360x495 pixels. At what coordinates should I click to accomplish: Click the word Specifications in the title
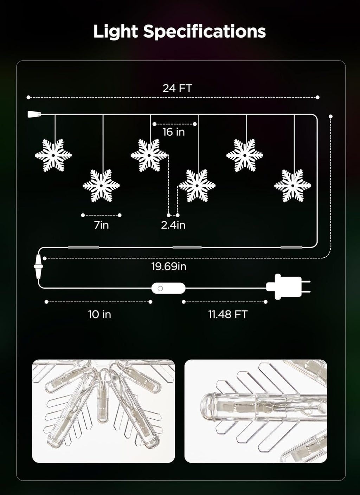click(204, 32)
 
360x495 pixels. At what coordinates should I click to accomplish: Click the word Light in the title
click(116, 32)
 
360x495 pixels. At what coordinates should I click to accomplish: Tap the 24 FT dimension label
click(177, 88)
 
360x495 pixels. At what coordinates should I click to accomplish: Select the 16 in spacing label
click(174, 132)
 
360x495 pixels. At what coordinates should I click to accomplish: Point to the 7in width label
click(102, 225)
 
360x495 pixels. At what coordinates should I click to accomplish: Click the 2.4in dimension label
click(173, 225)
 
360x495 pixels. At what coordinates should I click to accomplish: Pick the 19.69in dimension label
click(169, 266)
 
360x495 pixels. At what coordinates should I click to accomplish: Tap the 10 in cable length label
click(99, 314)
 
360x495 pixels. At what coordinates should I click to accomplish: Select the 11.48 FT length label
click(228, 314)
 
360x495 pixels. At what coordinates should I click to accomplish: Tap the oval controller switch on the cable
click(168, 288)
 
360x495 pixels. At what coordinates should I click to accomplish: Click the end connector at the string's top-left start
click(34, 114)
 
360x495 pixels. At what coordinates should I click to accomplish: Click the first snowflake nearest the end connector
click(53, 155)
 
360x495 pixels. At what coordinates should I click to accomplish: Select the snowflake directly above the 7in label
click(101, 186)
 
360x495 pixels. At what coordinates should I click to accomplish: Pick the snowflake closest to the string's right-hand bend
click(292, 186)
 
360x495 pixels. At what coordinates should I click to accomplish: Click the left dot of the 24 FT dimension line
click(28, 97)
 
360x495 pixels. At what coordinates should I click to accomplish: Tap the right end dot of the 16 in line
click(195, 124)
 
